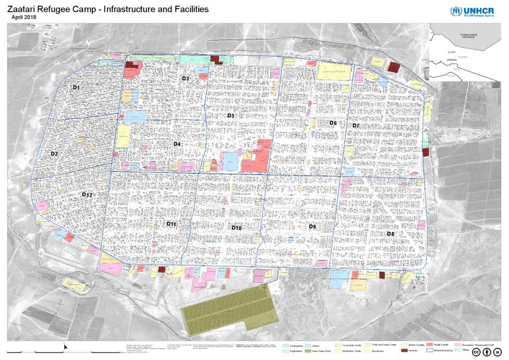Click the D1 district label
76,88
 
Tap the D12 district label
87,194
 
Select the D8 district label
390,234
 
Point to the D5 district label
231,116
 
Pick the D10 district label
237,228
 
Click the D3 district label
185,79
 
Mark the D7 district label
356,126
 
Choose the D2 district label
55,154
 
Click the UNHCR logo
473,12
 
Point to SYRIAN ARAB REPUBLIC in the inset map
469,36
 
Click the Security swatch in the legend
404,351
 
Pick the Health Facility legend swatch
430,345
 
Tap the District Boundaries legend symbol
430,351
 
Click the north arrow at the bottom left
66,346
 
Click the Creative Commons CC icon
477,352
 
